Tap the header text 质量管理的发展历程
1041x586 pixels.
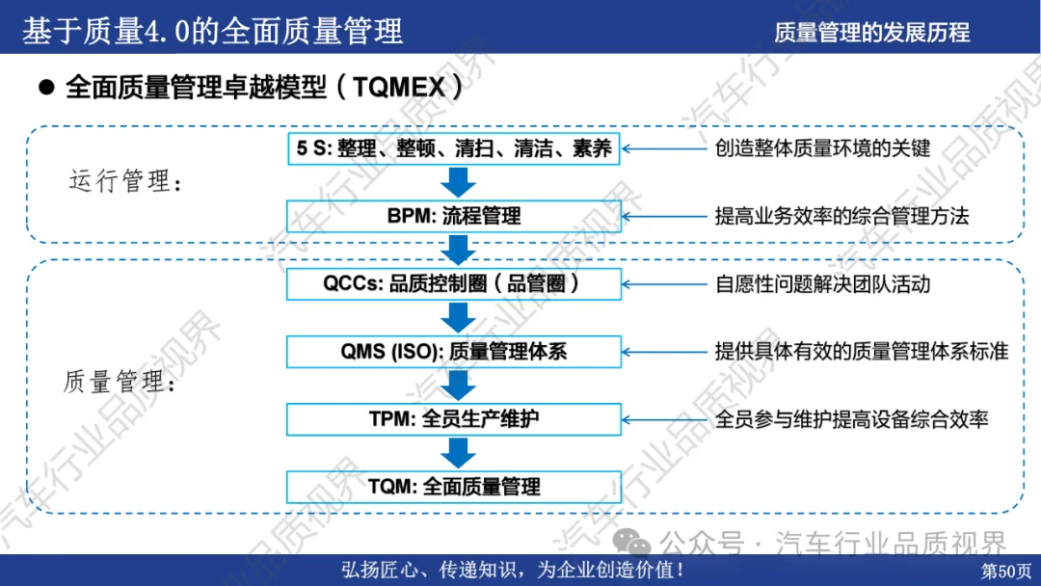pyautogui.click(x=871, y=32)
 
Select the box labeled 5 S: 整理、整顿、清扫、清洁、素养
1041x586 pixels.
pyautogui.click(x=454, y=148)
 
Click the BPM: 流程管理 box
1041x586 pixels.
pyautogui.click(x=454, y=216)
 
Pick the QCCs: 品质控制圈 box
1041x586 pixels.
pyautogui.click(x=454, y=284)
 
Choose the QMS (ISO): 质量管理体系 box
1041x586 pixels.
pyautogui.click(x=454, y=352)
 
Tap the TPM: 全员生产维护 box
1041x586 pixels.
pyautogui.click(x=454, y=419)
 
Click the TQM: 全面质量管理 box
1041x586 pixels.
pyautogui.click(x=454, y=487)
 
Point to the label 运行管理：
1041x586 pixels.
pyautogui.click(x=125, y=181)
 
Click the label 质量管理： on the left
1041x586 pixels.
pyautogui.click(x=119, y=383)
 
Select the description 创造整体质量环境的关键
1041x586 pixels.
pyautogui.click(x=822, y=148)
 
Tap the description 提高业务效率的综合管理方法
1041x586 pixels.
pyautogui.click(x=841, y=216)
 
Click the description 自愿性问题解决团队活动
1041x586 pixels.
pyautogui.click(x=822, y=284)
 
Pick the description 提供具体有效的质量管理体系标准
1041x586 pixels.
pyautogui.click(x=861, y=352)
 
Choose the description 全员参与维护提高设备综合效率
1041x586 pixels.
pyautogui.click(x=851, y=419)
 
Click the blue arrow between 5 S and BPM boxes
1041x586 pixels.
pyautogui.click(x=459, y=182)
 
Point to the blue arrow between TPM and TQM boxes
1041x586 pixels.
pyautogui.click(x=459, y=453)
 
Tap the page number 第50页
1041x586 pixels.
pyautogui.click(x=1005, y=571)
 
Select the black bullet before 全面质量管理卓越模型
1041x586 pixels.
pyautogui.click(x=44, y=87)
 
